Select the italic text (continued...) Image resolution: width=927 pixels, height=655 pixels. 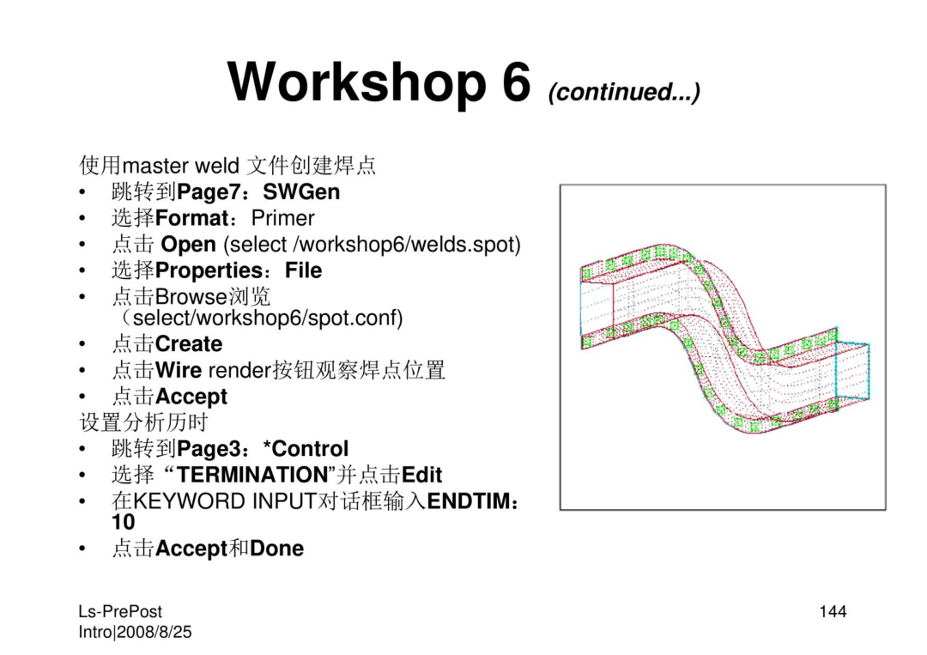coord(624,92)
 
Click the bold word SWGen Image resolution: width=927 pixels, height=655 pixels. coord(301,192)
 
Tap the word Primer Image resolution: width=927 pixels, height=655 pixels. coord(282,218)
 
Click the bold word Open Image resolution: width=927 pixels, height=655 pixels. coord(188,245)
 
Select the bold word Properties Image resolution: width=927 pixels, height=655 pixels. coord(208,270)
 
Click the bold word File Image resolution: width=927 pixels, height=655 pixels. coord(303,270)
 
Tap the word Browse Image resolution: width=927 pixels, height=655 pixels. coord(191,296)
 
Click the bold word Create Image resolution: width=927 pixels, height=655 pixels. coord(189,344)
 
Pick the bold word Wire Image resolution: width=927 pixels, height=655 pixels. coord(179,370)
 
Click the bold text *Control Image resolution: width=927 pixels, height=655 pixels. coord(306,449)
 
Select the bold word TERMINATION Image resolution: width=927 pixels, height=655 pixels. coord(252,475)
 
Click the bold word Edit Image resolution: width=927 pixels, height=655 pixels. coord(421,475)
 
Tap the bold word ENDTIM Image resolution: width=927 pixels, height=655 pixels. coord(469,501)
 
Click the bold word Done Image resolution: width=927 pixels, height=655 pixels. coord(276,549)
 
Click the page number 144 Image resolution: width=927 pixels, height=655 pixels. coord(833,611)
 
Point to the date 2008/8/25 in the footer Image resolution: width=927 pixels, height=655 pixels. coord(154,632)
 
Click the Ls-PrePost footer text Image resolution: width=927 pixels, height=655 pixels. coord(120,611)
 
